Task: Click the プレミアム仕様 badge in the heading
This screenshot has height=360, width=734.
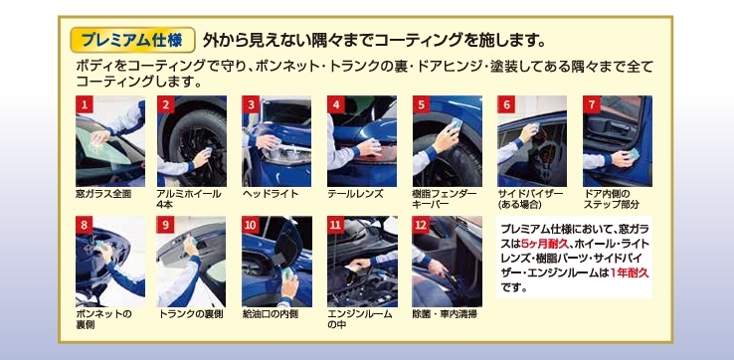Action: click(132, 40)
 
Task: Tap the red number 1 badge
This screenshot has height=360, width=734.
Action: click(85, 104)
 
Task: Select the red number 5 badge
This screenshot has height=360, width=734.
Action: click(422, 104)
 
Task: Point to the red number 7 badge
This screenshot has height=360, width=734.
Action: click(592, 104)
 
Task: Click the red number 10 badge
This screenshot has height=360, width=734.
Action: click(251, 225)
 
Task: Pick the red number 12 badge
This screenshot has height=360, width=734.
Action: click(421, 225)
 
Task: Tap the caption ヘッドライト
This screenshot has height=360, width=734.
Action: click(271, 194)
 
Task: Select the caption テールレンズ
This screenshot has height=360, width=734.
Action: click(355, 194)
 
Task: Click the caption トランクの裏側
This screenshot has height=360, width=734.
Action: click(191, 314)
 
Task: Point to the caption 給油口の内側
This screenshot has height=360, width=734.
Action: click(271, 314)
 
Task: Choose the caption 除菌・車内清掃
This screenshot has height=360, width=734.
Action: click(445, 314)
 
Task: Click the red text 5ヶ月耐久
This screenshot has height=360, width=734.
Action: click(544, 244)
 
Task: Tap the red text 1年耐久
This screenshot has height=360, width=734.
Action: click(630, 272)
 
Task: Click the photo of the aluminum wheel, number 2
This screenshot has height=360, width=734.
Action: click(192, 141)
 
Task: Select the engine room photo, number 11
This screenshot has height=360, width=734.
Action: click(362, 262)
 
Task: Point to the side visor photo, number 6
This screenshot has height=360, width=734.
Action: click(532, 141)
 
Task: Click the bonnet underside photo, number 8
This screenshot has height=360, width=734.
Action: click(110, 262)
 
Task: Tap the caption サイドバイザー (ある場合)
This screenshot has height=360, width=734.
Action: click(530, 199)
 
